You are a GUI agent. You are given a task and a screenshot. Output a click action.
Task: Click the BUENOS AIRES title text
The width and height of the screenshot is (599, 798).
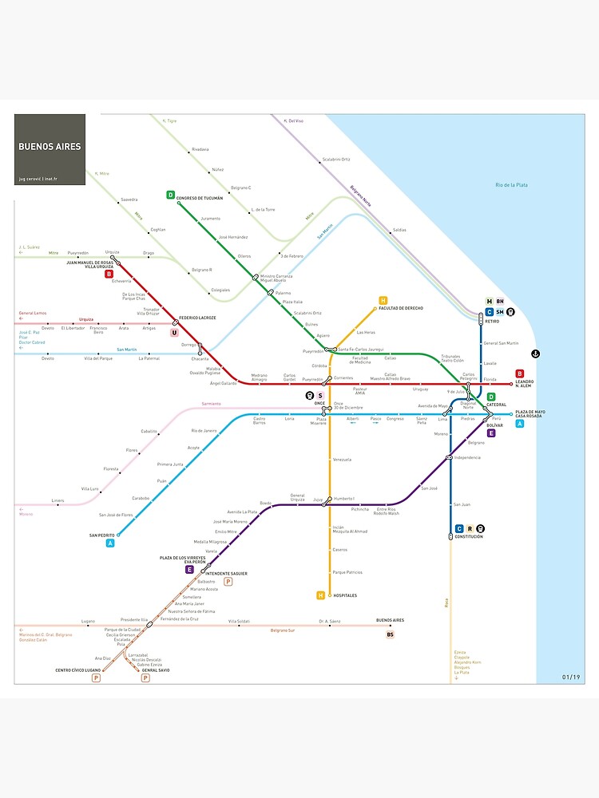coord(50,147)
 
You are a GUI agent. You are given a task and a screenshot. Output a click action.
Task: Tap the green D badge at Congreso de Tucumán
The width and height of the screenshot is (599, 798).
coord(170,195)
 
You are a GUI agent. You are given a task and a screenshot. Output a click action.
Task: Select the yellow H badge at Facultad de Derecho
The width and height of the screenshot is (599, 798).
coord(383,300)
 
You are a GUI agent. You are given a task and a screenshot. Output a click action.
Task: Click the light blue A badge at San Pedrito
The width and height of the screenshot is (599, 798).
coord(110,543)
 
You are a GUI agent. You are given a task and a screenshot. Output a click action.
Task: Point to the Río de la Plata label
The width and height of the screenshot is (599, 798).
coord(511,185)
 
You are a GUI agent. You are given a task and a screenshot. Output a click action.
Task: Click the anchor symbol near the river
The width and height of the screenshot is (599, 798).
coord(536,354)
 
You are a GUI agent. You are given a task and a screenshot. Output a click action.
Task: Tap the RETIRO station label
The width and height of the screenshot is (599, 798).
coord(492,321)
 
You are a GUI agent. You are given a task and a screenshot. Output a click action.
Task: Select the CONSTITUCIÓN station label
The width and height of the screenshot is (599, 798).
coord(469,537)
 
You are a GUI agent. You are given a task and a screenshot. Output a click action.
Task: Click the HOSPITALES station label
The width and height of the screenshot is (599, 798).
coord(345,595)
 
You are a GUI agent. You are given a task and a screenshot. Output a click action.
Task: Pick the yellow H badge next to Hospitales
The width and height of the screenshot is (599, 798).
coord(321,595)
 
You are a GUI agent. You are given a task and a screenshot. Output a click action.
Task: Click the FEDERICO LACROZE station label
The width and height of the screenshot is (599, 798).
coord(197,318)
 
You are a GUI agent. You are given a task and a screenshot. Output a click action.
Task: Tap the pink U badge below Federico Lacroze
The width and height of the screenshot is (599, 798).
coord(174,332)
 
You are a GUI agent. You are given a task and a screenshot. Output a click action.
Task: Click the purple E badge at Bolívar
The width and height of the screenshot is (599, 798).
coord(492,433)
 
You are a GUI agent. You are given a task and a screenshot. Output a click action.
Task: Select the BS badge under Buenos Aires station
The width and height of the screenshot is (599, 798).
coord(391,634)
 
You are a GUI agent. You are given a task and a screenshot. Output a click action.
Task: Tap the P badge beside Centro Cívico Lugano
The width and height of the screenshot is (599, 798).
coord(96,678)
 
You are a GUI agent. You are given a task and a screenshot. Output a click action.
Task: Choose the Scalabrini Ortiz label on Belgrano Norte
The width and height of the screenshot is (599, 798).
coord(336,159)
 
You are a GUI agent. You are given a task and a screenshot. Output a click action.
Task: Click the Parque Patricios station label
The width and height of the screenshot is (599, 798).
coord(347,572)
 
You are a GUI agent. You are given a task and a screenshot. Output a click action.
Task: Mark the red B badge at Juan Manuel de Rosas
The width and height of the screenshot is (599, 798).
coord(109,274)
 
